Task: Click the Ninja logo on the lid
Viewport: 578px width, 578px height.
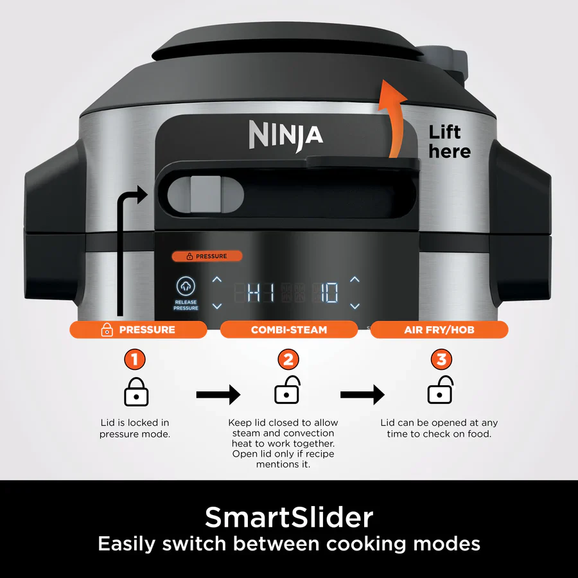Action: pyautogui.click(x=286, y=134)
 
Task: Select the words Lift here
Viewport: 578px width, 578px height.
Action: pyautogui.click(x=449, y=142)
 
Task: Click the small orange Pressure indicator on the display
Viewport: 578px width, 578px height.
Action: pyautogui.click(x=207, y=256)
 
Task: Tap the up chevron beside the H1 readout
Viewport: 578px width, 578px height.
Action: pyautogui.click(x=217, y=279)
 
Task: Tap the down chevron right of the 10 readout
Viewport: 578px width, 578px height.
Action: pyautogui.click(x=355, y=306)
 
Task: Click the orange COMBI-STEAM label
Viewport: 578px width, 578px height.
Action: pyautogui.click(x=288, y=329)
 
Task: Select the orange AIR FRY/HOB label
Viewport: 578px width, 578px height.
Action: pyautogui.click(x=439, y=329)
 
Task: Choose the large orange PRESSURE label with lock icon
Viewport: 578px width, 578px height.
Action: pyautogui.click(x=138, y=329)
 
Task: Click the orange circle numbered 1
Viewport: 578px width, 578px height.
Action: pyautogui.click(x=135, y=359)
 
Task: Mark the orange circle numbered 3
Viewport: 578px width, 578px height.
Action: pyautogui.click(x=441, y=359)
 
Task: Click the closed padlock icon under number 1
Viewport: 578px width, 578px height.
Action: pyautogui.click(x=136, y=392)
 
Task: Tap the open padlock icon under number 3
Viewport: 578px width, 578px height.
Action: pyautogui.click(x=441, y=390)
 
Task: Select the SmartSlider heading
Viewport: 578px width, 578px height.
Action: pyautogui.click(x=288, y=516)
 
